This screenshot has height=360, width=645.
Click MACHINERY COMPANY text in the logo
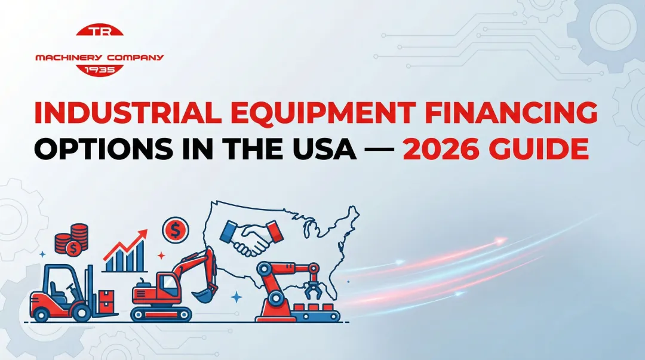[x=100, y=57]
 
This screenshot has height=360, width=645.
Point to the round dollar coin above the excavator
[x=175, y=229]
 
